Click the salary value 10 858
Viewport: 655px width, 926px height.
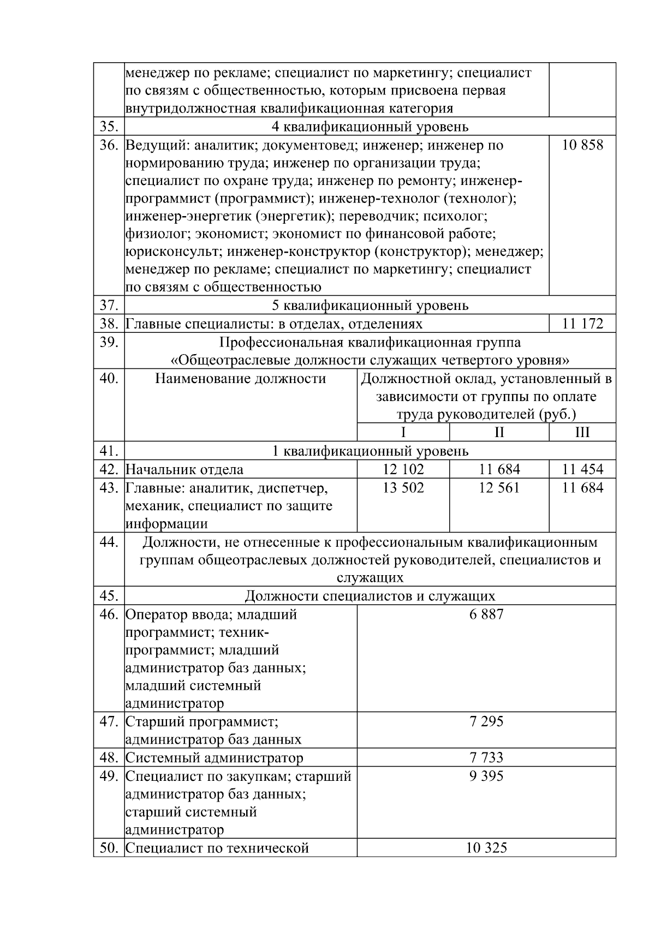pyautogui.click(x=582, y=145)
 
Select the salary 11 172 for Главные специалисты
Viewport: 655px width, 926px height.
pyautogui.click(x=582, y=324)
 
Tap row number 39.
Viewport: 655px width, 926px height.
pyautogui.click(x=109, y=342)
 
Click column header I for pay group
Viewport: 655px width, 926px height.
pyautogui.click(x=403, y=433)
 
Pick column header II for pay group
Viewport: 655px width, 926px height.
pyautogui.click(x=499, y=433)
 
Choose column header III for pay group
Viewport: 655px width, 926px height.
pyautogui.click(x=582, y=433)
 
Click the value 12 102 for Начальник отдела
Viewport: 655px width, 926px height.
pyautogui.click(x=403, y=469)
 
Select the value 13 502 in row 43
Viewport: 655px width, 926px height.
pyautogui.click(x=403, y=487)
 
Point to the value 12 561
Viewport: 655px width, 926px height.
pyautogui.click(x=499, y=487)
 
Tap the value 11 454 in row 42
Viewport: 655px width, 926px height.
pyautogui.click(x=582, y=469)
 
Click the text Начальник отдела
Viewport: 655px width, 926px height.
pyautogui.click(x=184, y=469)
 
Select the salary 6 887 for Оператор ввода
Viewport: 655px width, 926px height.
pyautogui.click(x=486, y=614)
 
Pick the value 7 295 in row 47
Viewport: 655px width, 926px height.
pyautogui.click(x=486, y=721)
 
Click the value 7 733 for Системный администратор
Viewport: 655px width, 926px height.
pyautogui.click(x=486, y=757)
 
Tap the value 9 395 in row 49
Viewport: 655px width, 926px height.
pyautogui.click(x=486, y=776)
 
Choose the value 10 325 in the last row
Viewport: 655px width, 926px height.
pyautogui.click(x=486, y=848)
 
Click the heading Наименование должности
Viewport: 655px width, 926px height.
pyautogui.click(x=240, y=378)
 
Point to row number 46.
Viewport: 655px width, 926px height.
pyautogui.click(x=109, y=614)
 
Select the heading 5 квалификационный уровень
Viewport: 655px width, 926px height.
pyautogui.click(x=370, y=306)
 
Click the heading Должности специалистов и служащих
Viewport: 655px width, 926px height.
pyautogui.click(x=370, y=596)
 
